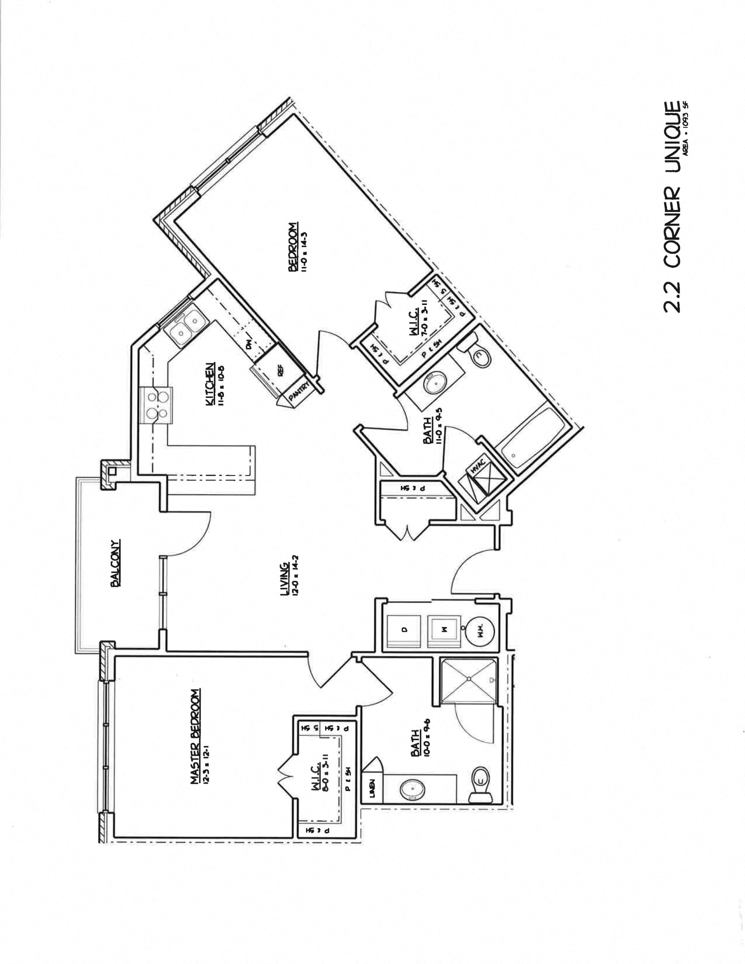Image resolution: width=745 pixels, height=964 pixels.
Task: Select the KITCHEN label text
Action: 211,383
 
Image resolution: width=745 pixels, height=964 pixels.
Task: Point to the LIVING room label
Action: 285,579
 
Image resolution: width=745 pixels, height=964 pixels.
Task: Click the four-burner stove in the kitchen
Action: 157,405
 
